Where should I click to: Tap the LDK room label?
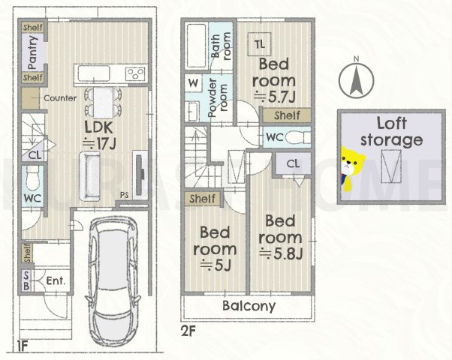tap(98, 127)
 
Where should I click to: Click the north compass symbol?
tap(357, 79)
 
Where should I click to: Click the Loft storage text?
tap(391, 131)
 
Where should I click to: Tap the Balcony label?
tap(249, 306)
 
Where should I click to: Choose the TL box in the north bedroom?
tap(260, 44)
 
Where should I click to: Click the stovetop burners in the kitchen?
tap(135, 73)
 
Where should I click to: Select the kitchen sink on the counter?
tap(94, 73)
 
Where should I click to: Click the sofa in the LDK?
tap(90, 176)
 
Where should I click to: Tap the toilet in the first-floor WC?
tap(33, 178)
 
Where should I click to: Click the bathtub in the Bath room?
tap(196, 46)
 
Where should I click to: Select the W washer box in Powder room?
tap(194, 83)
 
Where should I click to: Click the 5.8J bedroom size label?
tap(281, 253)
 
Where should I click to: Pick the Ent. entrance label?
tap(56, 280)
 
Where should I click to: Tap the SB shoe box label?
tap(26, 280)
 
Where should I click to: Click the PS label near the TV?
tap(125, 195)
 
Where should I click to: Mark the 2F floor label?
tap(188, 331)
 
